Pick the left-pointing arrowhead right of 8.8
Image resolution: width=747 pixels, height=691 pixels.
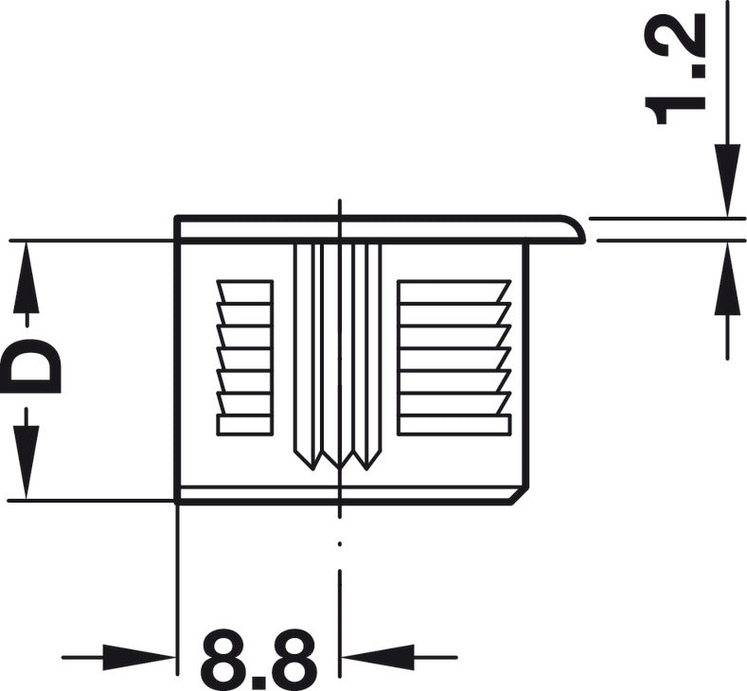click(x=379, y=656)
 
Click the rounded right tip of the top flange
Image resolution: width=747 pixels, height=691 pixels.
click(x=576, y=229)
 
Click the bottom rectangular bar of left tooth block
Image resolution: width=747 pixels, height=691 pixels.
click(x=244, y=424)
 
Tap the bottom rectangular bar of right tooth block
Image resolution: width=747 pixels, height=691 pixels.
click(x=454, y=424)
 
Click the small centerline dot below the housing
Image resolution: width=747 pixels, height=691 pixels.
click(x=338, y=544)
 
